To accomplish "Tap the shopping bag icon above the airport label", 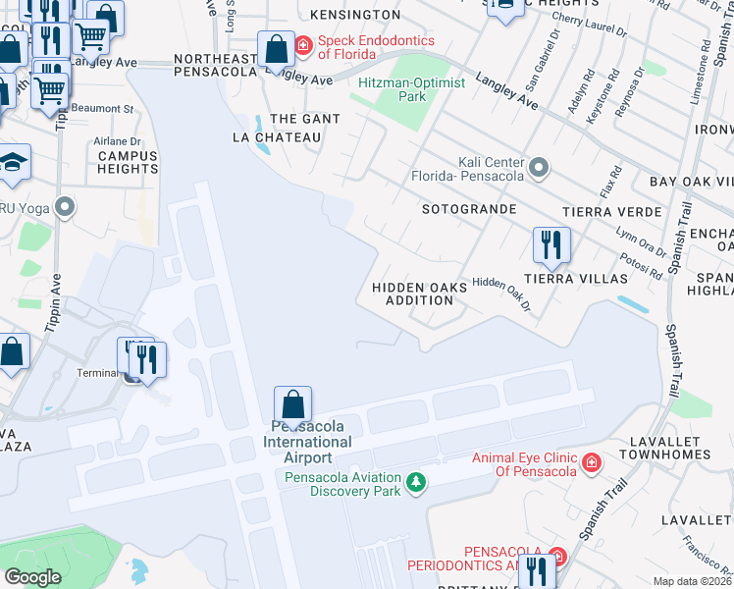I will tap(292, 403).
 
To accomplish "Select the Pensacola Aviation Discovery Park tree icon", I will tap(417, 481).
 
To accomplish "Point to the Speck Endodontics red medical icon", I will tap(304, 45).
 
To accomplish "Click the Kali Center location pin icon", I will tap(538, 169).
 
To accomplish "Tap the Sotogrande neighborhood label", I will tap(468, 210).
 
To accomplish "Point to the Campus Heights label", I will tap(128, 162).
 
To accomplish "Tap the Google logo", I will tap(32, 577).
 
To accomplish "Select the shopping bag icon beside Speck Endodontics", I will tap(276, 48).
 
